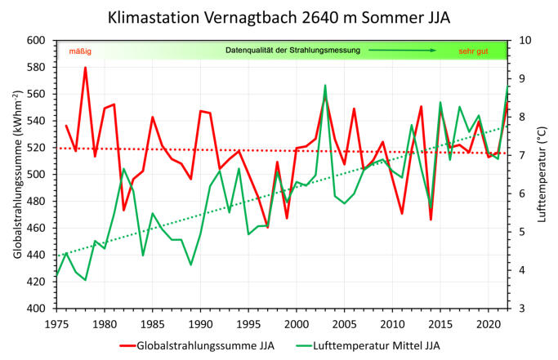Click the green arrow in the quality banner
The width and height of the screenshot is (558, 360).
400,51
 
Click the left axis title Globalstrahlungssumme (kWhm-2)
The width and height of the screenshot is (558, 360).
18,174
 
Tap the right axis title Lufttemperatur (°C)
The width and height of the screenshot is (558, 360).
542,174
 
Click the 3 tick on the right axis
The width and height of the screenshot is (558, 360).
522,309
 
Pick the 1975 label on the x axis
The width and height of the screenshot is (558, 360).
56,323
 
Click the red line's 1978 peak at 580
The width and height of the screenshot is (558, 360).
85,68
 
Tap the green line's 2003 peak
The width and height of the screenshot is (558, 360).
324,85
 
